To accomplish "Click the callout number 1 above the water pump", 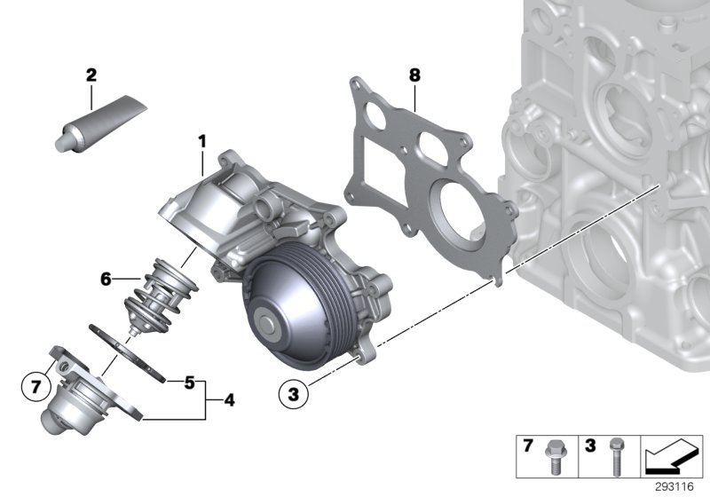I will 201,140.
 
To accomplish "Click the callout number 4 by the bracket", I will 229,400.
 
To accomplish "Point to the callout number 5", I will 188,383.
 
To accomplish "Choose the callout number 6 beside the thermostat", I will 106,279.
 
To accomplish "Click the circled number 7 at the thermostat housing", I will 35,387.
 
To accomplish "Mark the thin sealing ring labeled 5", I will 130,353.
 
